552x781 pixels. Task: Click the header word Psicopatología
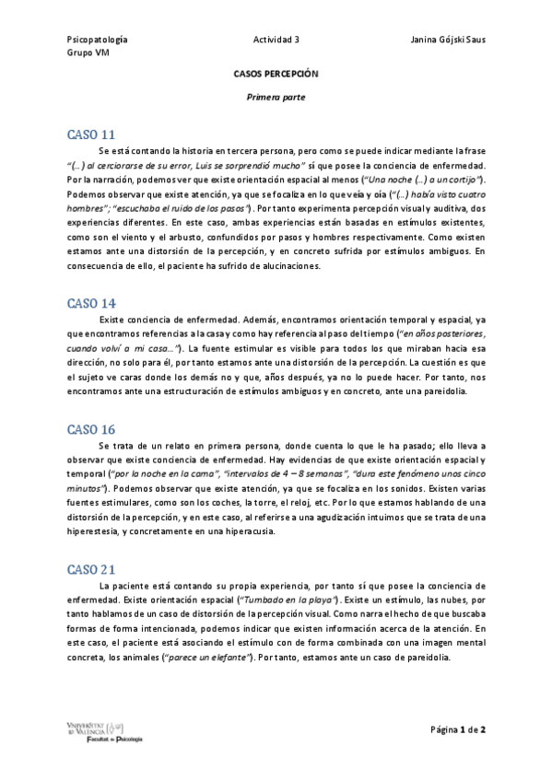click(x=98, y=41)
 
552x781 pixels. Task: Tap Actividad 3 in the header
click(x=276, y=41)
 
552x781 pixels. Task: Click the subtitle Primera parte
click(x=276, y=96)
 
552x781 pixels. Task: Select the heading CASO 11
click(x=91, y=134)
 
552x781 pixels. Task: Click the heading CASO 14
click(x=91, y=302)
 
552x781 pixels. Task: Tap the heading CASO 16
click(x=91, y=429)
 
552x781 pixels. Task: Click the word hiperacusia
click(x=270, y=532)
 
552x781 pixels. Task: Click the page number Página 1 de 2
click(x=458, y=729)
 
